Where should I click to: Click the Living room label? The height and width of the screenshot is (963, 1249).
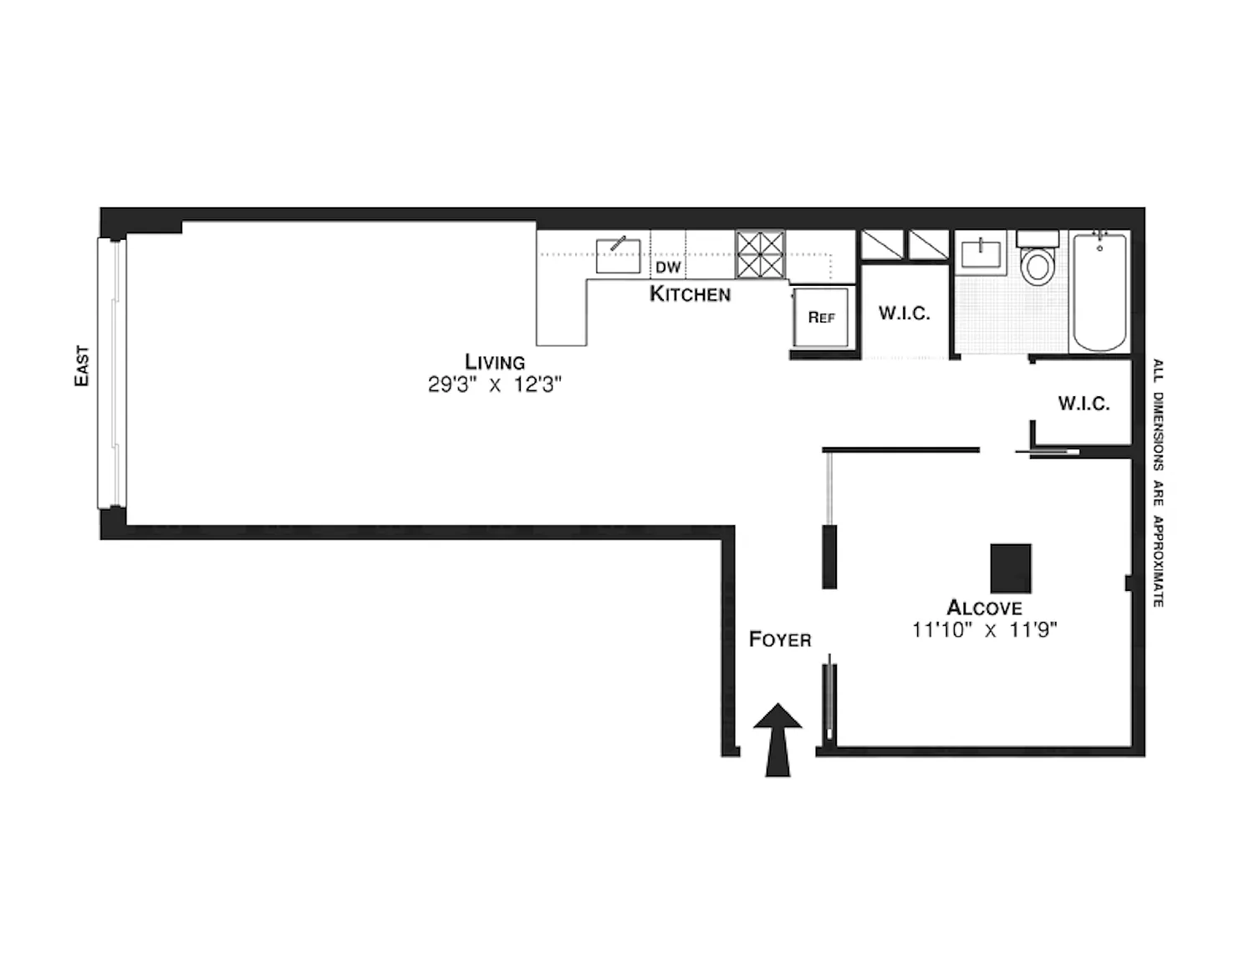(x=495, y=362)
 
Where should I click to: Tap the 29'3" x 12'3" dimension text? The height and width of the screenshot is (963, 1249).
(x=495, y=385)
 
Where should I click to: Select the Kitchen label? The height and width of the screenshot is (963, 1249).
(x=690, y=294)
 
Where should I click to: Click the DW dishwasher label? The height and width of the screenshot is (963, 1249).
(x=668, y=267)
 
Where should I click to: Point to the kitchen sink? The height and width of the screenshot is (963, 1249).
(x=619, y=255)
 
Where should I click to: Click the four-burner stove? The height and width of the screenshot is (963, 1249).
(x=760, y=254)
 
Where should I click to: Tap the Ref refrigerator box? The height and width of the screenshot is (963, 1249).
(x=821, y=317)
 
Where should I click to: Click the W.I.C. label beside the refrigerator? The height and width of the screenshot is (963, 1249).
(x=904, y=313)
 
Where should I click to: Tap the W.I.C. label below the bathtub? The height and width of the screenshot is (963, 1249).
(x=1083, y=404)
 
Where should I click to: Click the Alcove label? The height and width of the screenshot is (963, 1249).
(x=984, y=608)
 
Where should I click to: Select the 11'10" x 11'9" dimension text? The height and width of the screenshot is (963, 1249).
(x=984, y=629)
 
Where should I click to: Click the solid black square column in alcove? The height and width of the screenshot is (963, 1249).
(x=1010, y=568)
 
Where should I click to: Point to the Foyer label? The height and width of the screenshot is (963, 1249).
(x=780, y=640)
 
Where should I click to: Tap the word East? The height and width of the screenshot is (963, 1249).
(x=82, y=365)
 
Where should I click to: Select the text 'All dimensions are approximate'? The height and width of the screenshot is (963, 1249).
(x=1158, y=482)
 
